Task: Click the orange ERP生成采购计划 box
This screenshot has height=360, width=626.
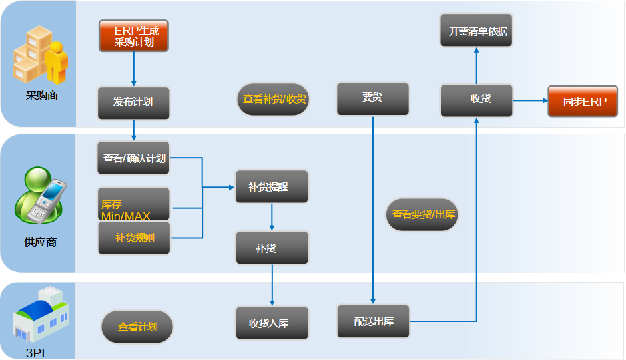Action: [134, 36]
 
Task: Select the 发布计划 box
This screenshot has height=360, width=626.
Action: [134, 103]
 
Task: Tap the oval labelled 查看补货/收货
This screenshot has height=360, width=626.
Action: [274, 99]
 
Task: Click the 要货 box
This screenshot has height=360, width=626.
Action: [373, 99]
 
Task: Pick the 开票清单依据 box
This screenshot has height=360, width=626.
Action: [476, 31]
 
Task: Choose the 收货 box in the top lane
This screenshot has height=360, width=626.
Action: [476, 100]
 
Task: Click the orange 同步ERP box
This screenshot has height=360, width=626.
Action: [583, 101]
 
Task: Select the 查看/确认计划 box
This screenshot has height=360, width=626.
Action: [133, 158]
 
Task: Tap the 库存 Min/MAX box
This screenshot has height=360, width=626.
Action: [134, 204]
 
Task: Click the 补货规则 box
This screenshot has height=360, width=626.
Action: [134, 238]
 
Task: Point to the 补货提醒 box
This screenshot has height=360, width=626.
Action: [272, 187]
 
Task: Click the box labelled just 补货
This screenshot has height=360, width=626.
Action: [272, 248]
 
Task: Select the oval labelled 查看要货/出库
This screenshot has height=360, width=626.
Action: [422, 215]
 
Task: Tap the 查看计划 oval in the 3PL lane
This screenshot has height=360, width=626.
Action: [137, 327]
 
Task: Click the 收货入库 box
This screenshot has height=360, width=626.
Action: [272, 323]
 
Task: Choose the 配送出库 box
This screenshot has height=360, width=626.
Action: [374, 321]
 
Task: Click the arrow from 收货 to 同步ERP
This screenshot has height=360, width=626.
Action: [531, 100]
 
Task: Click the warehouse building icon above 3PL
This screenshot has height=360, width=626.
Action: [41, 315]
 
